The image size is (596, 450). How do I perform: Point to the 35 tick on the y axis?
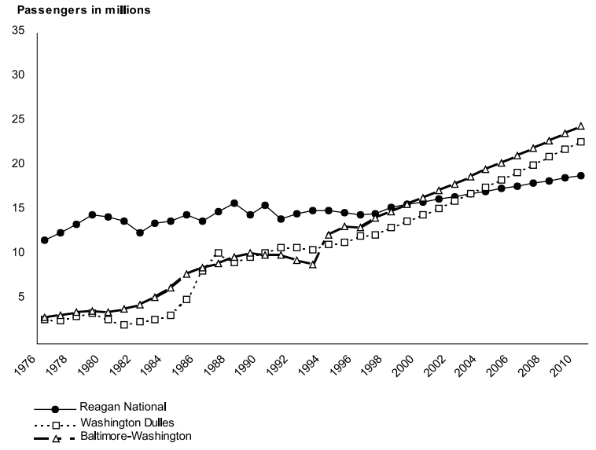click(x=18, y=31)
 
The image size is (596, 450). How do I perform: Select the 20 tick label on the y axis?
click(x=18, y=164)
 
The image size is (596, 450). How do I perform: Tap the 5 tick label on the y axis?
click(x=21, y=297)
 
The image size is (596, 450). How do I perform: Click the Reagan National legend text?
click(x=124, y=408)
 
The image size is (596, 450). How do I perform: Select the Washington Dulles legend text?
click(x=131, y=423)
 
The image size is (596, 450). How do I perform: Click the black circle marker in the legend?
click(x=55, y=409)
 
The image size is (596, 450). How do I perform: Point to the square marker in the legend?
click(x=55, y=423)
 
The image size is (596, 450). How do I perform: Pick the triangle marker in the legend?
click(x=55, y=436)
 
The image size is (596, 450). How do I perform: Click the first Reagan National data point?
click(x=45, y=240)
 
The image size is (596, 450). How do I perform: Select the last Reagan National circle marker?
click(x=581, y=175)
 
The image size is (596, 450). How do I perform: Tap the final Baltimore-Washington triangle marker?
click(x=581, y=126)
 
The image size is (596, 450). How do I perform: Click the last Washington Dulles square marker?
click(x=581, y=142)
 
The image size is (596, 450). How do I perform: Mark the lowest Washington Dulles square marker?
click(x=123, y=325)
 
